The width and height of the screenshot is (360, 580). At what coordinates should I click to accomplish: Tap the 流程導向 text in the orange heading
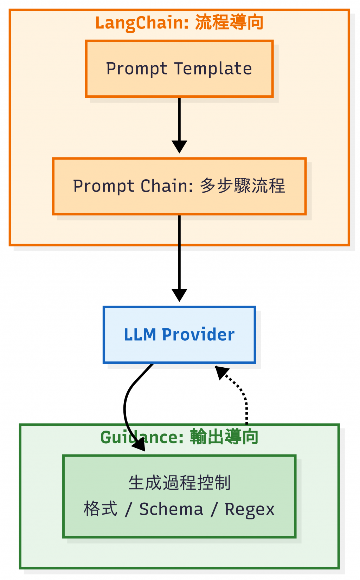point(229,22)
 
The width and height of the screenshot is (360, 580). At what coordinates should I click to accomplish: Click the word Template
point(213,69)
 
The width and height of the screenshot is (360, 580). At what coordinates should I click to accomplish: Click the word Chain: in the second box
point(167,186)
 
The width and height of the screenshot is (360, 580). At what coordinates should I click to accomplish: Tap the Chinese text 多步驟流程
point(242,186)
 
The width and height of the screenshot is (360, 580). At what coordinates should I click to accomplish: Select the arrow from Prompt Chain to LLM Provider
point(179,253)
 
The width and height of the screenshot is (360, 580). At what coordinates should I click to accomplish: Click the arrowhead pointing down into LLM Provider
point(179,295)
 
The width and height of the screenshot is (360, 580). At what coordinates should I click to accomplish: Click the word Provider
point(198,335)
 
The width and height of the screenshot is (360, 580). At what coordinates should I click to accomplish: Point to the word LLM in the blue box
point(140,335)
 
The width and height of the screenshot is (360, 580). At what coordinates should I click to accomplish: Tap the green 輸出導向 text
point(224,437)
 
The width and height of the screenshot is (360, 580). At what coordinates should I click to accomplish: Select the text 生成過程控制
point(179,483)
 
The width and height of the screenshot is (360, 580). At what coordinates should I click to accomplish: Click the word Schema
point(171,509)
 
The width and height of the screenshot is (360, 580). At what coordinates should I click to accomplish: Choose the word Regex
point(250,509)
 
